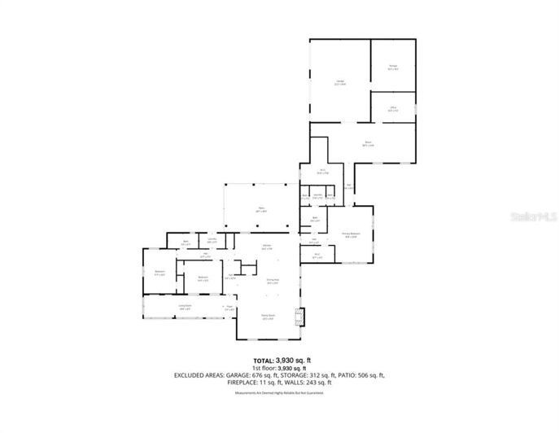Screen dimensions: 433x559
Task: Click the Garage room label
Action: point(340,82)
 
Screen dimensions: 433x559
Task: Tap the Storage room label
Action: point(393,67)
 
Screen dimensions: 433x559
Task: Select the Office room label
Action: point(392,109)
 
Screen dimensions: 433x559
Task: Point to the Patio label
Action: point(262,210)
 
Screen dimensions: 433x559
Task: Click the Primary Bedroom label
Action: point(350,235)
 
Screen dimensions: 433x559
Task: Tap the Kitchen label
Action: point(266,247)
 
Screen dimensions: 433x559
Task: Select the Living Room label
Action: point(185,308)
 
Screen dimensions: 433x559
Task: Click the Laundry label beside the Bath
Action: point(212,240)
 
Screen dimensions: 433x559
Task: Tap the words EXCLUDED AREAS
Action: point(200,374)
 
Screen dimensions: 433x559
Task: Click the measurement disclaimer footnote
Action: point(279,393)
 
